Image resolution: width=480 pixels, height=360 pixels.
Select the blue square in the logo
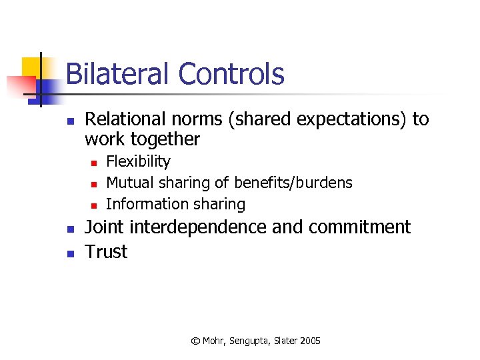pos(48,87)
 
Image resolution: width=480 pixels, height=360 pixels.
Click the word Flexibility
pos(138,162)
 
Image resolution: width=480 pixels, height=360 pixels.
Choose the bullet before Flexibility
pos(94,163)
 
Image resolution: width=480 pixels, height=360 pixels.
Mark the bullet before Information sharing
pos(94,205)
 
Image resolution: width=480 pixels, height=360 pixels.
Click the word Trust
pos(106,252)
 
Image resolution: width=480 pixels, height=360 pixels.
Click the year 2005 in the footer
pos(310,341)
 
